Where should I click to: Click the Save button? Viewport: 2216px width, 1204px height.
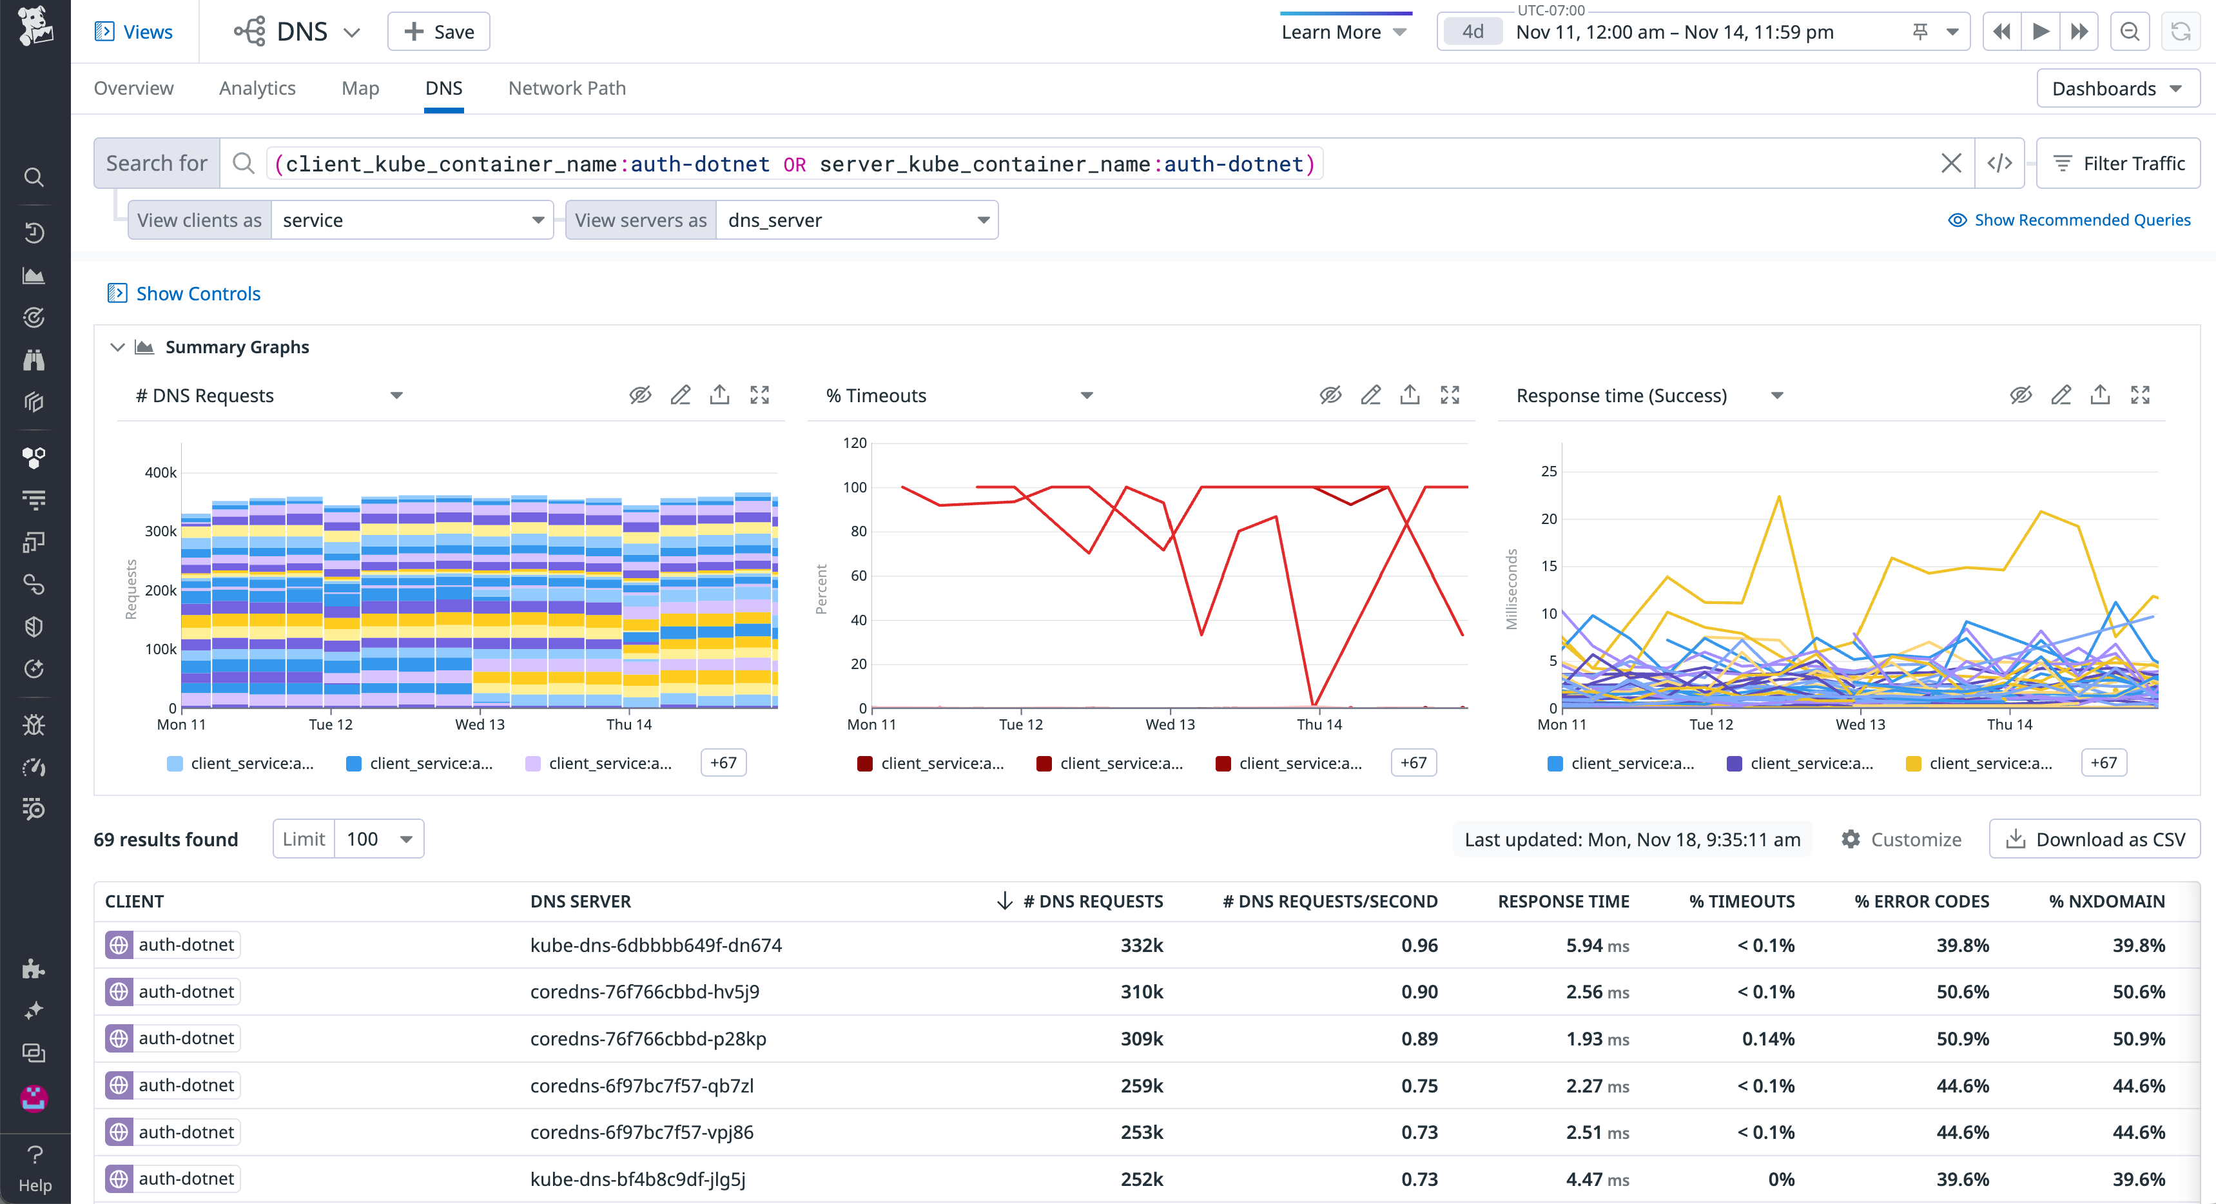tap(439, 32)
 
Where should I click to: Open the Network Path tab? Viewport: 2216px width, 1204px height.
tap(567, 88)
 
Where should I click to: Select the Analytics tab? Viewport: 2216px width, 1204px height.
tap(257, 88)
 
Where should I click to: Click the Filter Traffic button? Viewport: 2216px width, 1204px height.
tap(2118, 164)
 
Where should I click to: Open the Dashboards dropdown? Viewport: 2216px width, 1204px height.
tap(2117, 88)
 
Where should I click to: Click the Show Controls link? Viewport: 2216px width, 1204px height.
tap(198, 293)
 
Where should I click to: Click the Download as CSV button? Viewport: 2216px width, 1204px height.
tap(2095, 839)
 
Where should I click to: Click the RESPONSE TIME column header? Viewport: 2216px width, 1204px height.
tap(1563, 901)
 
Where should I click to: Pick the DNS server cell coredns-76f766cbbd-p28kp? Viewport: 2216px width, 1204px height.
tap(648, 1039)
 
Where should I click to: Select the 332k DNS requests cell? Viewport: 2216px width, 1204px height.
tap(1141, 945)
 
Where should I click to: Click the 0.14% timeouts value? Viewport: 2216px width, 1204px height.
tap(1768, 1039)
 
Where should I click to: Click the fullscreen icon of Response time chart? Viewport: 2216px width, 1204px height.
tap(2139, 396)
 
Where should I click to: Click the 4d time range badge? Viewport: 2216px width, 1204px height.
tap(1473, 32)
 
